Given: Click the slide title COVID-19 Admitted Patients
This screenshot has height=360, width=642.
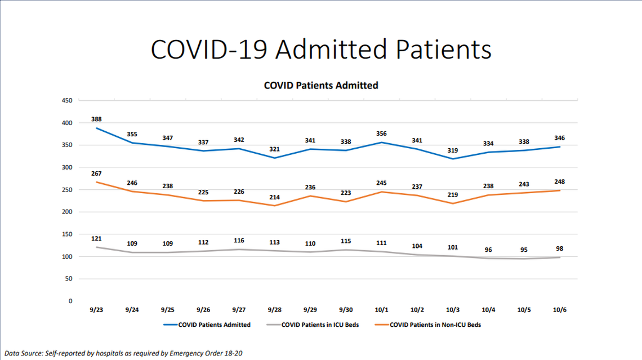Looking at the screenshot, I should click(321, 50).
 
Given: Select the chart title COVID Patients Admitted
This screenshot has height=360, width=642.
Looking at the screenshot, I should click(321, 86).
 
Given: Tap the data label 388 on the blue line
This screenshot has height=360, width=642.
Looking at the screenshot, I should click(96, 119).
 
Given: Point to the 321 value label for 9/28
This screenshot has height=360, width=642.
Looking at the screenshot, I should click(274, 149).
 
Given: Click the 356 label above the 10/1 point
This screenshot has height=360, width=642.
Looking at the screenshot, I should click(381, 134).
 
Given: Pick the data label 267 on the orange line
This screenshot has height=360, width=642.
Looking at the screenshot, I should click(96, 174).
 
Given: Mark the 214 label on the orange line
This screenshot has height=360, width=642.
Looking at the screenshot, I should click(274, 197).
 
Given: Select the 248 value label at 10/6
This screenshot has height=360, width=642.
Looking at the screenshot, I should click(559, 182).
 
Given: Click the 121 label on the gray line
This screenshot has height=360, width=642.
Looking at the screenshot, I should click(96, 239).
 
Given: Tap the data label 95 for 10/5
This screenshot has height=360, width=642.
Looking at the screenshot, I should click(524, 250).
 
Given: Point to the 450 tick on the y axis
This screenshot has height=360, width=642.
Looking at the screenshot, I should click(67, 101).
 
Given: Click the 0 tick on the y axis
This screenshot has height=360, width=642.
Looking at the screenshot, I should click(70, 301).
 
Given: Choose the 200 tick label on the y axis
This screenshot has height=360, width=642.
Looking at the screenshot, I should click(67, 212).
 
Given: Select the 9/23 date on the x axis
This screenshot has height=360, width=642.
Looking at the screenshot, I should click(96, 310).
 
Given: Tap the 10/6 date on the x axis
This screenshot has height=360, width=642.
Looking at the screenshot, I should click(559, 310).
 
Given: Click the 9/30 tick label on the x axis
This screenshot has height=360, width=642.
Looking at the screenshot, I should click(345, 310).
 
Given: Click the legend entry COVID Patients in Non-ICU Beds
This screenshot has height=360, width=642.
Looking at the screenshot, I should click(435, 325).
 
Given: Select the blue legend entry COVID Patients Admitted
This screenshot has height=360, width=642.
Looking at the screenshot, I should click(214, 325).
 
